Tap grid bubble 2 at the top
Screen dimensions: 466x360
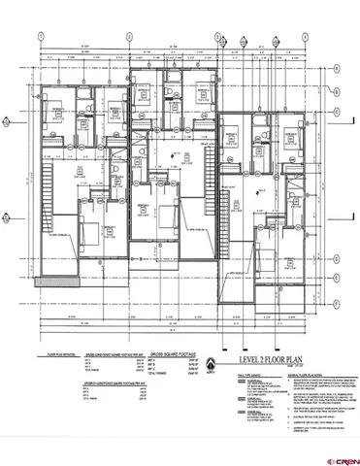[129, 35]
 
